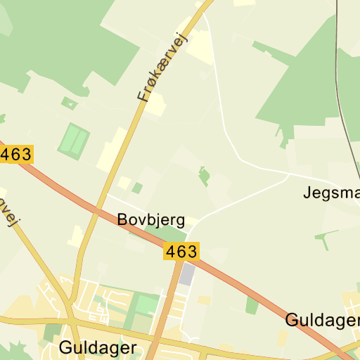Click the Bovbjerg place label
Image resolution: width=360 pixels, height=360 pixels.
point(151,220)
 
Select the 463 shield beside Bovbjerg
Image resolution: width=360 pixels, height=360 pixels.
point(182,251)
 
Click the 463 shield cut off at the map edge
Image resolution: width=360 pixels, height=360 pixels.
point(15,154)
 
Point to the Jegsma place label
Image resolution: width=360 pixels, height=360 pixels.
point(331,192)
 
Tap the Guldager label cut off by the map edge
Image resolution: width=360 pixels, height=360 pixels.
point(322,321)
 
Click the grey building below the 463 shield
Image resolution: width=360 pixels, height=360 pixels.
point(187,274)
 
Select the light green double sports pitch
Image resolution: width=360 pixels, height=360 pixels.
point(74,141)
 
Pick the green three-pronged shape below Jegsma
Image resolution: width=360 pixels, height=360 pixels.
point(325,238)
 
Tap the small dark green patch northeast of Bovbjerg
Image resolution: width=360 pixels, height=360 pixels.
point(204,175)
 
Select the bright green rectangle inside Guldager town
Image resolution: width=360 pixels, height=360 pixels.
point(146,305)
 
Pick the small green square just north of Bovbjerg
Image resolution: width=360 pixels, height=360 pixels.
point(137,188)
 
